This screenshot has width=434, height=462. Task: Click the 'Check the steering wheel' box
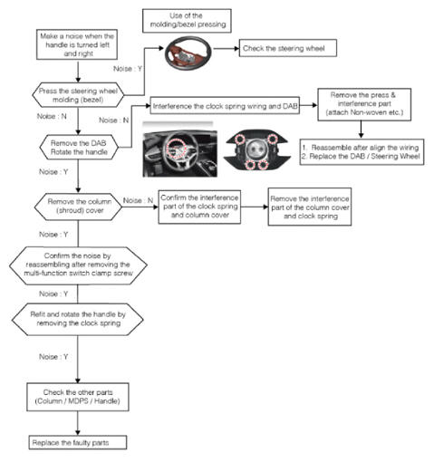[x=288, y=48]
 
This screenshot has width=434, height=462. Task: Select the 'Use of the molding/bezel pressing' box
[x=187, y=21]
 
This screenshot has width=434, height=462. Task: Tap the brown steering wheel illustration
[x=188, y=53]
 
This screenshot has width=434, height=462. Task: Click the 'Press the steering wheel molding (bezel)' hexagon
[x=78, y=95]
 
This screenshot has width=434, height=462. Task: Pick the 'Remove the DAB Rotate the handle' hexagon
[x=79, y=148]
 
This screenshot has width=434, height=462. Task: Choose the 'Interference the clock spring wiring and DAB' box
[x=225, y=106]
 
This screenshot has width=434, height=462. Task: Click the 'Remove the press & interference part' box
[x=364, y=104]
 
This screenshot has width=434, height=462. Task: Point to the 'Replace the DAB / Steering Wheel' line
[x=361, y=157]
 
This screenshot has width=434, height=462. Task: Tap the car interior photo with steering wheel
[x=179, y=153]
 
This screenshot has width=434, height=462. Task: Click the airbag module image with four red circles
[x=256, y=151]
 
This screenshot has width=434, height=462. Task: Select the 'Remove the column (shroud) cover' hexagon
[x=78, y=207]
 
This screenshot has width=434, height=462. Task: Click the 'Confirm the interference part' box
[x=199, y=207]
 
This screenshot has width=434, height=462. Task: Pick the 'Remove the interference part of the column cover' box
[x=310, y=207]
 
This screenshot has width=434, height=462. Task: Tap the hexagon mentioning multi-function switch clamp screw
[x=78, y=265]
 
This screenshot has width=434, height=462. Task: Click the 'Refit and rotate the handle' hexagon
[x=78, y=319]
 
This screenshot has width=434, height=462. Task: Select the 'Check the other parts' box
[x=78, y=397]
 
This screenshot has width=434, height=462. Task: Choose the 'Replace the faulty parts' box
[x=78, y=442]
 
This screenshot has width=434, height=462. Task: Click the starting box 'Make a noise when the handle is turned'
[x=77, y=44]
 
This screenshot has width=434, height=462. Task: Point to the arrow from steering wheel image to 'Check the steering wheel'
[x=227, y=48]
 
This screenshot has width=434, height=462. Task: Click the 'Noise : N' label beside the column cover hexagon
[x=138, y=200]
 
